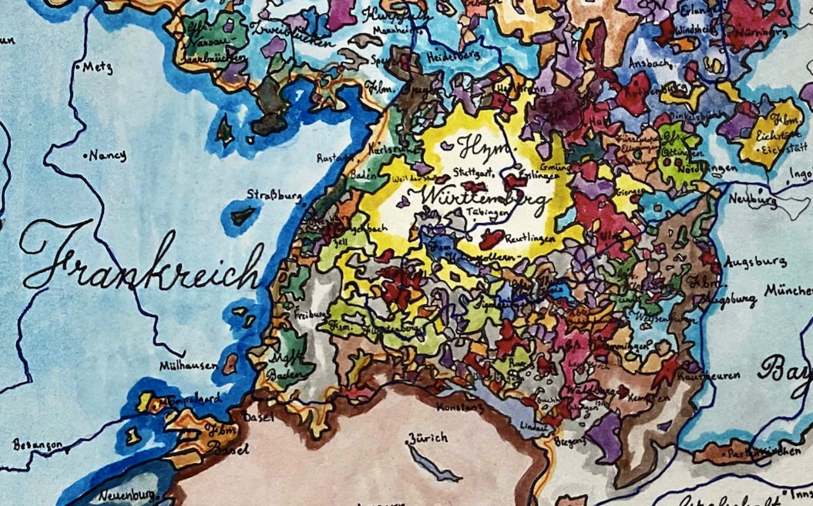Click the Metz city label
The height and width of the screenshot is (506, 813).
coord(93,66)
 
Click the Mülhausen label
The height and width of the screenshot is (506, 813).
coord(189,365)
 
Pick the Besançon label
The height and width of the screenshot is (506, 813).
coord(37,445)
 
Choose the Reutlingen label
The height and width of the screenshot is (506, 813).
coord(526,241)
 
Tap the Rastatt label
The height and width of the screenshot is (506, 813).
coord(334,158)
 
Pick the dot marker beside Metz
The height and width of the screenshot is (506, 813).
coord(79,68)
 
